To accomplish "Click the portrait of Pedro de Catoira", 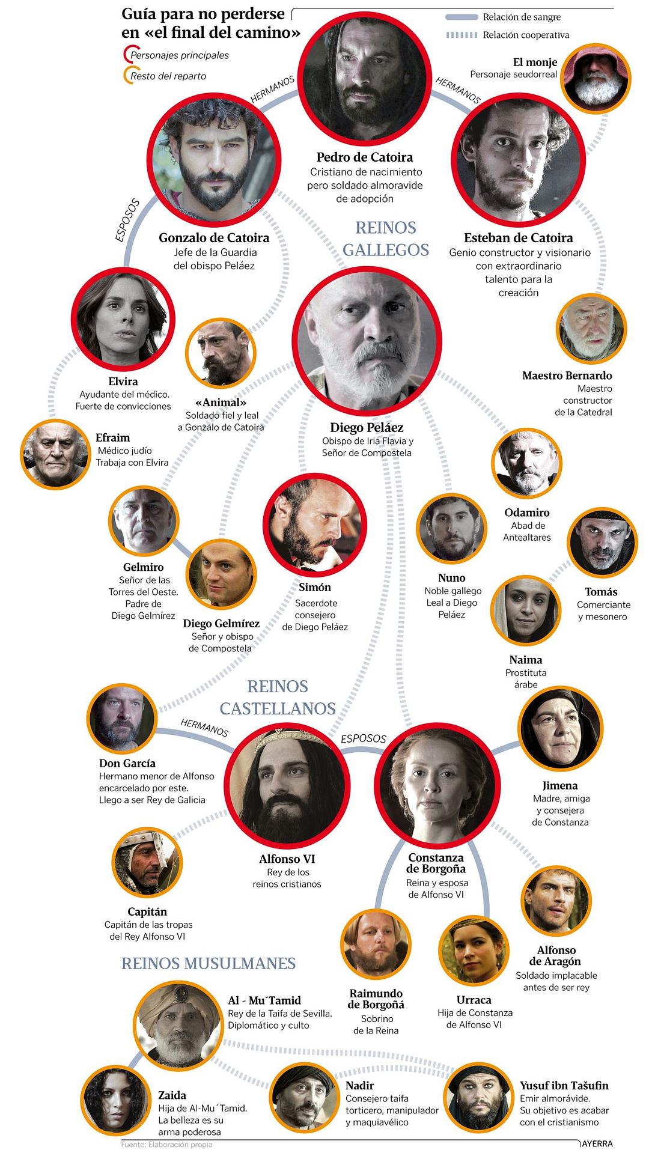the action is coord(365,78).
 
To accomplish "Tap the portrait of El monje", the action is coord(596,78).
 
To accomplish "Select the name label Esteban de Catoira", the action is coord(519,238).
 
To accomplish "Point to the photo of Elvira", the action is coord(123,318).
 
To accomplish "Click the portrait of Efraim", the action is coord(55,454).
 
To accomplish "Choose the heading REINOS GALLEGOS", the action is coord(386,239).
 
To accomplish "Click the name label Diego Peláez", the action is coord(367,428).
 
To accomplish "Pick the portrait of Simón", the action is coord(315,525).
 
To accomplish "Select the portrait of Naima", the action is coord(526,611).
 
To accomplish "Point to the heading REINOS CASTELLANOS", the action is coord(278,697).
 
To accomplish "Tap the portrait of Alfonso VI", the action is coord(288,785).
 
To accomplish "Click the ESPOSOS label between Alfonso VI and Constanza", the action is coord(364,738).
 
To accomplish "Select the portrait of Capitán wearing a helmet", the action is coord(147,863).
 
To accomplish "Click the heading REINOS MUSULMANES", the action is coord(209,964).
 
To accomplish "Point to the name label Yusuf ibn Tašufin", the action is coord(564,1086).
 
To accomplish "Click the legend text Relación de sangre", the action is coord(522,17).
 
